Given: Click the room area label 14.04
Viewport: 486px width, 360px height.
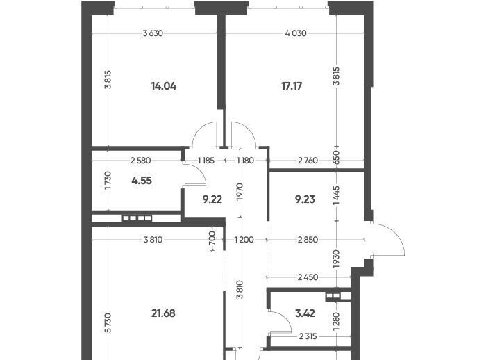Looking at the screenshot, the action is click(164, 86).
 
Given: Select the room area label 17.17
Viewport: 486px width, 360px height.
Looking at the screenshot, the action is click(292, 86).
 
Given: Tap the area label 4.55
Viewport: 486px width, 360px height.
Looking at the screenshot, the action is click(142, 180).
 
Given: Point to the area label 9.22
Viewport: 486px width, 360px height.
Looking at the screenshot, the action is click(212, 199).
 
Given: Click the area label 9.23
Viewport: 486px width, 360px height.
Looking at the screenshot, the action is click(305, 199).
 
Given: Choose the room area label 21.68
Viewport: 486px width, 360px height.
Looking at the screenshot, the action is click(163, 313).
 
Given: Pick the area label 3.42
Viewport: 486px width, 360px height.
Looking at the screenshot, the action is click(305, 313).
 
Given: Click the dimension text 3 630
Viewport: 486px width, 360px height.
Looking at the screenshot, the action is click(153, 33).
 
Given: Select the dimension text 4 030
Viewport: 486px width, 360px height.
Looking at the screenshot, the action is click(296, 33).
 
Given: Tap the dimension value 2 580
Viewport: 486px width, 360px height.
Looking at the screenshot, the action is click(141, 161).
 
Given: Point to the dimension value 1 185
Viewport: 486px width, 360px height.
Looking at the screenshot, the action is click(206, 161).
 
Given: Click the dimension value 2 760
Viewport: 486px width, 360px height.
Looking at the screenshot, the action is click(308, 161).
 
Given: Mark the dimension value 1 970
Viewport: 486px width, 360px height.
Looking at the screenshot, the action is click(240, 192).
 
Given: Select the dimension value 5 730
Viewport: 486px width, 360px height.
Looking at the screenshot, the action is click(108, 322).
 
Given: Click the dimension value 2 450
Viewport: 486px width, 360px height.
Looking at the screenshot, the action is click(308, 277).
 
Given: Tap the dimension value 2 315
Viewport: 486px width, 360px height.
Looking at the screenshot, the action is click(308, 336).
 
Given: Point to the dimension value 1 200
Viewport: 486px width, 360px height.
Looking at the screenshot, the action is click(244, 240).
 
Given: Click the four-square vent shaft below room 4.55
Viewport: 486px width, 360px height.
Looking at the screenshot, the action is click(137, 218).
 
